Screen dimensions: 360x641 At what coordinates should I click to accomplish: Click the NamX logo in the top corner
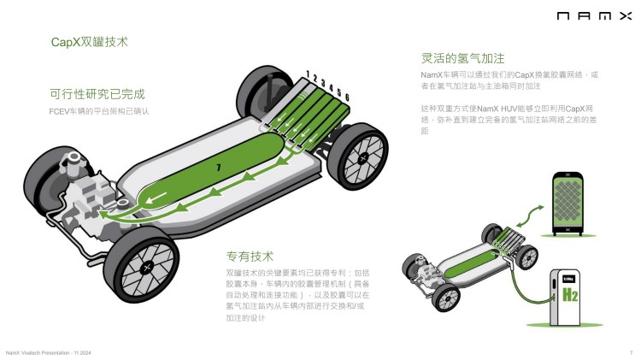tap(594, 15)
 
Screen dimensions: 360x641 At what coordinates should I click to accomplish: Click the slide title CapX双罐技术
tap(90, 40)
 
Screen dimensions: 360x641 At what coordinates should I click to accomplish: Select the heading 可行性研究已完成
tap(97, 94)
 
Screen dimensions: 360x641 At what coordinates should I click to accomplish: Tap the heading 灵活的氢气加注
tap(462, 58)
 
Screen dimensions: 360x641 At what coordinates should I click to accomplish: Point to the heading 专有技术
tap(250, 256)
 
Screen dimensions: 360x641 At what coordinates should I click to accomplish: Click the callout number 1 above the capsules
tap(304, 74)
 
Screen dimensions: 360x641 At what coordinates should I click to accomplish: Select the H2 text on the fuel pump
tap(567, 297)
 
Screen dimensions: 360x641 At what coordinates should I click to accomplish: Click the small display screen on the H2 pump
tap(567, 278)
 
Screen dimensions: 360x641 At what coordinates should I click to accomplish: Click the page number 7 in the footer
tap(631, 352)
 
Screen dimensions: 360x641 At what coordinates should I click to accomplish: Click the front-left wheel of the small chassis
tap(444, 297)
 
